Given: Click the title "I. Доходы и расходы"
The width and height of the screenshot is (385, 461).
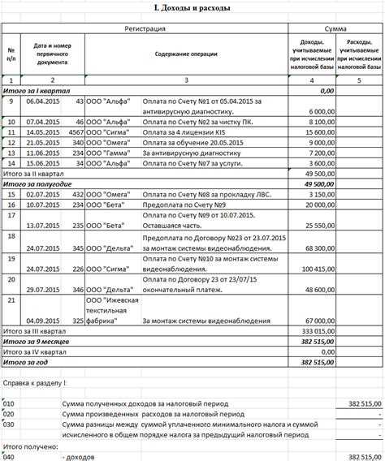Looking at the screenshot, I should (x=192, y=9).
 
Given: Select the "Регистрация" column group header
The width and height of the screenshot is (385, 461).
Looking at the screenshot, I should (x=145, y=28).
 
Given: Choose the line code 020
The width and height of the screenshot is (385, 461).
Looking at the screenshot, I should (x=9, y=413).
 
